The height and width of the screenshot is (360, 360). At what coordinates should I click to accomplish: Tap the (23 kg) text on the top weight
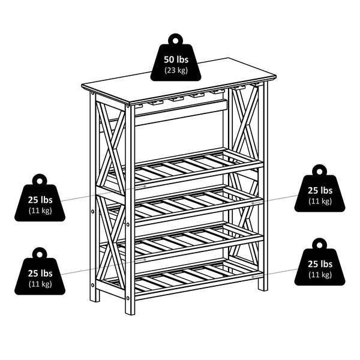click(175, 70)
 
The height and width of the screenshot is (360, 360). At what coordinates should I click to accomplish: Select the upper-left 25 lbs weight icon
click(40, 201)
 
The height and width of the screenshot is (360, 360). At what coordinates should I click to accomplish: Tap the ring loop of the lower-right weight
click(319, 244)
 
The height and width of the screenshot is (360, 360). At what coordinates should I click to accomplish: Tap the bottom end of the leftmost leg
click(94, 298)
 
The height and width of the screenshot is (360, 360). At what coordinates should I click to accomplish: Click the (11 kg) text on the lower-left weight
click(40, 284)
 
